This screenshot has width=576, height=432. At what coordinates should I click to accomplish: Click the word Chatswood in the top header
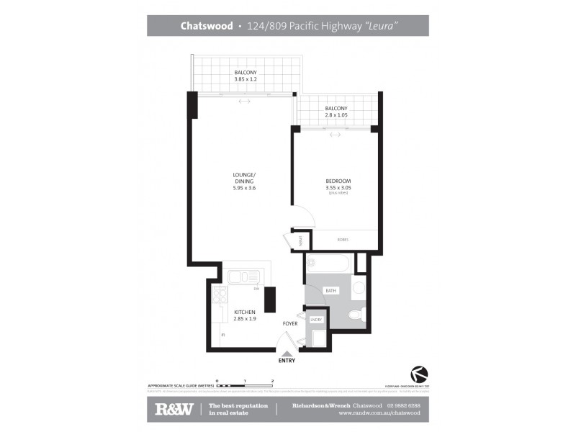[206, 26]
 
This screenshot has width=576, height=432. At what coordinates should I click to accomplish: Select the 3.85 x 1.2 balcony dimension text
[245, 81]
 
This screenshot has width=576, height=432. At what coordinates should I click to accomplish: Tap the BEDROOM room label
[338, 181]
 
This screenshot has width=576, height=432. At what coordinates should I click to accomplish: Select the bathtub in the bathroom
[328, 263]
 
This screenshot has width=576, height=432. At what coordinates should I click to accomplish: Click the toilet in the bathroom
[356, 315]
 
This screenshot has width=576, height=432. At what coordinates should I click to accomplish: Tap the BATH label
[331, 291]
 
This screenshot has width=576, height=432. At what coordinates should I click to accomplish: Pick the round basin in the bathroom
[358, 289]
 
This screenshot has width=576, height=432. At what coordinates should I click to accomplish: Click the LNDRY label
[315, 318]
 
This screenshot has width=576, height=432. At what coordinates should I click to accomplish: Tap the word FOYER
[289, 323]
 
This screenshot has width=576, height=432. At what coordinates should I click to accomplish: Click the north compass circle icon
[418, 374]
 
